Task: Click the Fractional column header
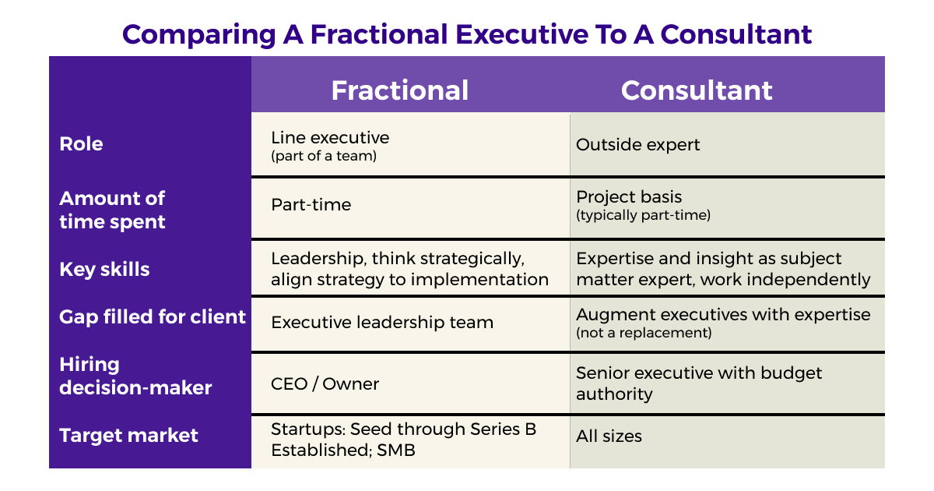pos(400,90)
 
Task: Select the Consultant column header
pos(697,90)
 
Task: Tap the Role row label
pos(81,144)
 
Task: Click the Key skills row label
pos(104,270)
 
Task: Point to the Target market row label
pos(128,436)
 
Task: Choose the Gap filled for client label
pos(153,316)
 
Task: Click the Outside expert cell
pos(637,145)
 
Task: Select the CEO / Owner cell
pos(325,383)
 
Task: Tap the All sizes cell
pos(609,436)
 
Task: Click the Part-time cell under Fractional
pos(311,204)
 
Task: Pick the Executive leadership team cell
pos(382,323)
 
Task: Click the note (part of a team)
pos(324,156)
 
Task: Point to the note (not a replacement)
pos(644,333)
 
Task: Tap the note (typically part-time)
pos(643,215)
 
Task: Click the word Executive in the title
pos(521,34)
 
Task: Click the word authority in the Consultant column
pos(614,394)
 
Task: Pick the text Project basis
pos(629,196)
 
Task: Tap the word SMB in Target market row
pos(396,450)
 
